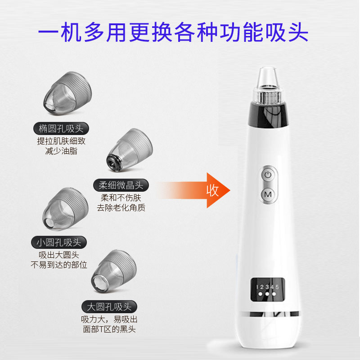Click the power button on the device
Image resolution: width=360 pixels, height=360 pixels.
[268, 175]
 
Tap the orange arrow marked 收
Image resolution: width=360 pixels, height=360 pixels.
[193, 190]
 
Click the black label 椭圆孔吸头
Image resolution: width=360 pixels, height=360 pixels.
[61, 128]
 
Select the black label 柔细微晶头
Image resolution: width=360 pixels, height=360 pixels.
[121, 185]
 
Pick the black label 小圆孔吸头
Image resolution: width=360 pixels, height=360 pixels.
[59, 242]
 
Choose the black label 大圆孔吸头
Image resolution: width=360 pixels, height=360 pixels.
[109, 306]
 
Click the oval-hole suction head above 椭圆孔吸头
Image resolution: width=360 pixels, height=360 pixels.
[67, 93]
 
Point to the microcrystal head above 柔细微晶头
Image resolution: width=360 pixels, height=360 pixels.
[130, 150]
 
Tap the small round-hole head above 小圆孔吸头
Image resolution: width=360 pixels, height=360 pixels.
[65, 209]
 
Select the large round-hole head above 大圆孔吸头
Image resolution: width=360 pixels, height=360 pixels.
[114, 272]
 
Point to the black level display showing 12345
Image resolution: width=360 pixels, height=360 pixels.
[267, 290]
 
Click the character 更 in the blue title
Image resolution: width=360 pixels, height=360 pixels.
[140, 32]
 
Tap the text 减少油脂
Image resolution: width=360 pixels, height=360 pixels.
[61, 151]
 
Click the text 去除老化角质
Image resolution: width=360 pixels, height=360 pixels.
[121, 207]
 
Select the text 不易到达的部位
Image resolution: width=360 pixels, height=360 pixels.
[59, 265]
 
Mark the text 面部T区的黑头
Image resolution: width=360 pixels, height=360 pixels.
[109, 329]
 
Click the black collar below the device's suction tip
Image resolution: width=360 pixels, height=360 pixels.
[268, 115]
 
